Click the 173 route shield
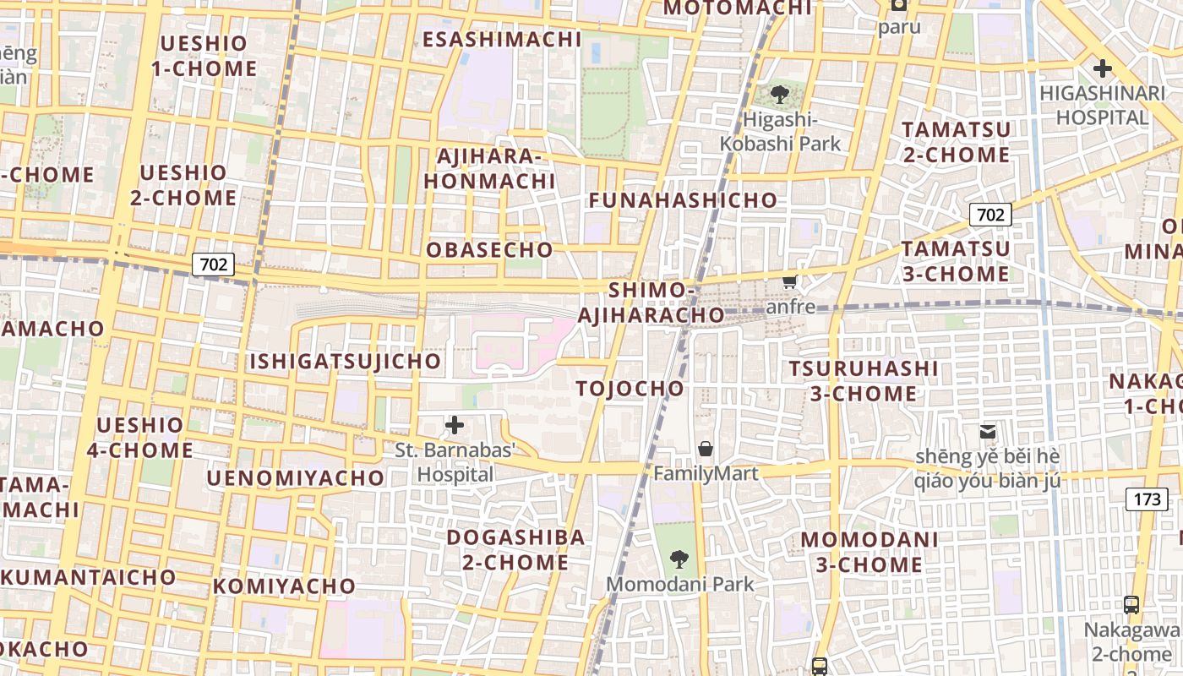pyautogui.click(x=1147, y=499)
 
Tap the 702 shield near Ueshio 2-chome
pyautogui.click(x=213, y=264)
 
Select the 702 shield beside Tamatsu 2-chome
pyautogui.click(x=989, y=215)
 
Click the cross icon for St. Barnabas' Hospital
pyautogui.click(x=455, y=424)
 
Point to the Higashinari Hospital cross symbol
pyautogui.click(x=1102, y=68)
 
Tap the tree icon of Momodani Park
pyautogui.click(x=678, y=559)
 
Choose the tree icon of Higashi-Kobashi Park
pyautogui.click(x=779, y=94)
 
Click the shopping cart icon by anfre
pyautogui.click(x=790, y=281)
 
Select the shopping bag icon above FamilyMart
pyautogui.click(x=706, y=448)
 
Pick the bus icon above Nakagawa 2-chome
pyautogui.click(x=1131, y=605)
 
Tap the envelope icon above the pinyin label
pyautogui.click(x=987, y=432)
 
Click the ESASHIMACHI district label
pyautogui.click(x=502, y=40)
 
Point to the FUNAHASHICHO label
pyautogui.click(x=683, y=200)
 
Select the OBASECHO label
pyautogui.click(x=489, y=250)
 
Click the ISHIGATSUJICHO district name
pyautogui.click(x=346, y=362)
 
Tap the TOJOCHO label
pyautogui.click(x=630, y=389)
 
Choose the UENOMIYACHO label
pyautogui.click(x=296, y=478)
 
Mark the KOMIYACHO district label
pyautogui.click(x=284, y=586)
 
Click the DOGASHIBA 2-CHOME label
pyautogui.click(x=515, y=549)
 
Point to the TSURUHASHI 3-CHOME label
pyautogui.click(x=863, y=381)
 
